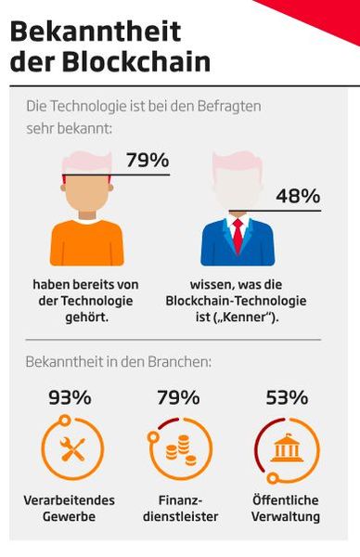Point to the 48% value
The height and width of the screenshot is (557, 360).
[297, 196]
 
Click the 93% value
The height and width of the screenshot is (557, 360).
[70, 398]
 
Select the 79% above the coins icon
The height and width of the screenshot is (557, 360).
[178, 398]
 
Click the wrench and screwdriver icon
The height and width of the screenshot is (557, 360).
[71, 450]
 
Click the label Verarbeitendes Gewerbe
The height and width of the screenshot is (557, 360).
[70, 508]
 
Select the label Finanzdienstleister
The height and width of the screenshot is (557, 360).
[178, 508]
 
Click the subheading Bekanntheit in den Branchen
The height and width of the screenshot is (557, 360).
[118, 360]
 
